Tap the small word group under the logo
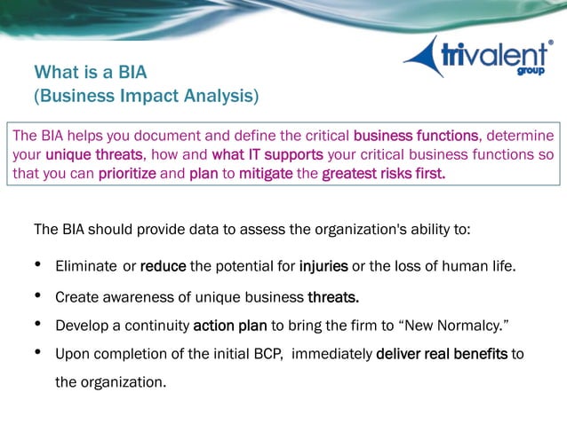click(531, 71)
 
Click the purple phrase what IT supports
click(268, 154)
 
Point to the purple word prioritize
click(127, 173)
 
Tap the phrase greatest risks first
click(383, 173)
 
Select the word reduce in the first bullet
click(163, 265)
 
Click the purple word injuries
click(323, 265)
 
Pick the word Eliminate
click(87, 265)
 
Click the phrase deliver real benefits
click(442, 354)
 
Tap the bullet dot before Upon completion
click(37, 352)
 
